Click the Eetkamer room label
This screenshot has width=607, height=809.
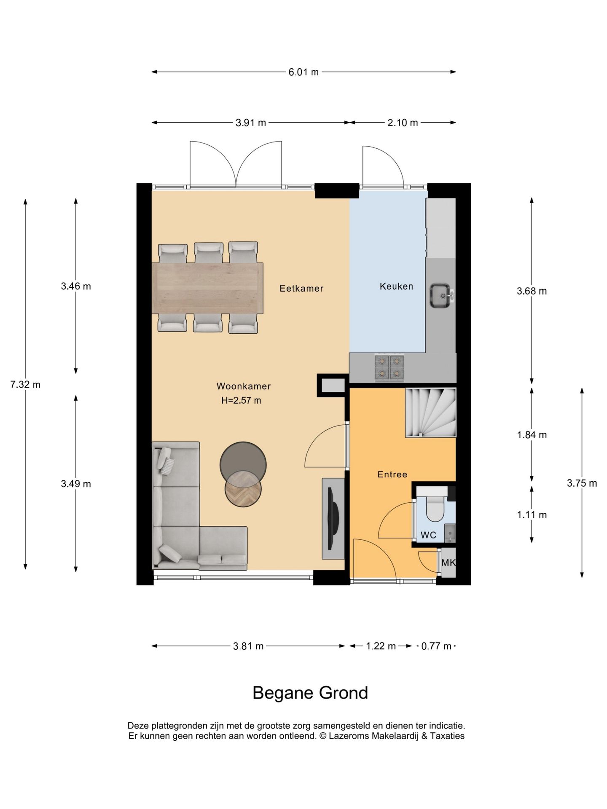(x=301, y=289)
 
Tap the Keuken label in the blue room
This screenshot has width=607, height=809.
(x=396, y=287)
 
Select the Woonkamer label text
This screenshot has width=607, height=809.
(x=244, y=386)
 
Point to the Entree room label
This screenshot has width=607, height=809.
(x=392, y=474)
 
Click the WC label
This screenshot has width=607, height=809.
(x=428, y=535)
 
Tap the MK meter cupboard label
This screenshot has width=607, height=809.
(x=448, y=563)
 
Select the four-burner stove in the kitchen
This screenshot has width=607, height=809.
(x=389, y=367)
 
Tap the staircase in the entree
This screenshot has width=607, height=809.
(x=430, y=413)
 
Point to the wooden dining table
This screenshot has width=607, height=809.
(x=207, y=288)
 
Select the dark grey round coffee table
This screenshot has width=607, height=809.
(x=243, y=464)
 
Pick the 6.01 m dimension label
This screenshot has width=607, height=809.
(x=303, y=72)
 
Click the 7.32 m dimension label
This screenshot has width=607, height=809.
(x=25, y=384)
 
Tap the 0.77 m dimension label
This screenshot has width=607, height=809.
(x=436, y=646)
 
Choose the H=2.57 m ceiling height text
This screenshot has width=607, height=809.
(x=241, y=400)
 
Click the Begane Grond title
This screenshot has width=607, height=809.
(x=310, y=693)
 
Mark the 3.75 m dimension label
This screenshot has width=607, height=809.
(x=582, y=483)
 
